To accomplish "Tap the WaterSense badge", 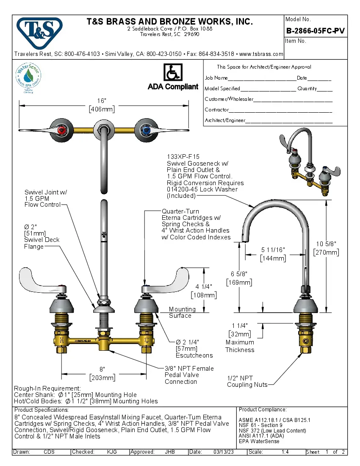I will [x=28, y=77].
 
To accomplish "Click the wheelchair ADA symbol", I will [x=172, y=72].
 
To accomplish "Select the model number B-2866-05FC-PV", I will [x=315, y=31].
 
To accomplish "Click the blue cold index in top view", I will [x=145, y=129].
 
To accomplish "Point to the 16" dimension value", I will [x=102, y=101].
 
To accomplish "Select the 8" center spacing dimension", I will [x=102, y=369].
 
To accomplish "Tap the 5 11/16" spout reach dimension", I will [x=273, y=250].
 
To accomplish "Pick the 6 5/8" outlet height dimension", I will [x=240, y=274].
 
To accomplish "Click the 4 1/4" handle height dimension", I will [x=204, y=287].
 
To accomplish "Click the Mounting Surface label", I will [x=182, y=312].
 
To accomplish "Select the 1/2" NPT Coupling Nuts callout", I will [x=247, y=381].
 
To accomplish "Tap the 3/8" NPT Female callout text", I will [x=189, y=369].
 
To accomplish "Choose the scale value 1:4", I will [x=285, y=452].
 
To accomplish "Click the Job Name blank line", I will [x=262, y=79].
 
